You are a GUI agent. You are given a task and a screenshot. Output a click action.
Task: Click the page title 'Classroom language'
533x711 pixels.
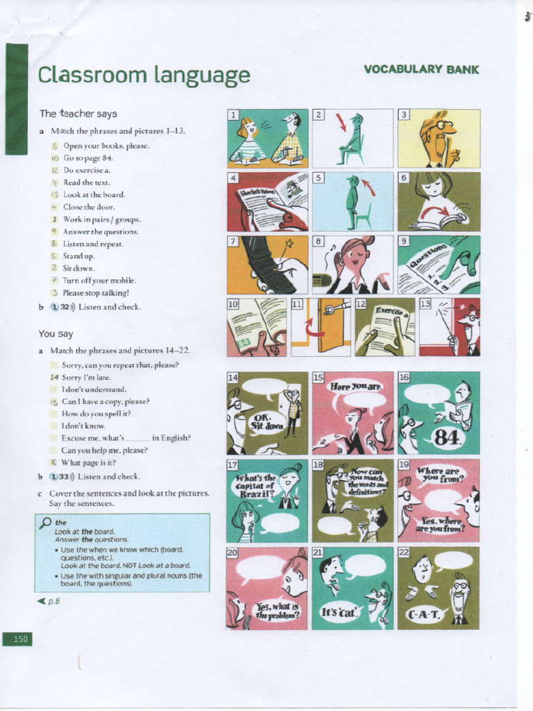[x=144, y=74]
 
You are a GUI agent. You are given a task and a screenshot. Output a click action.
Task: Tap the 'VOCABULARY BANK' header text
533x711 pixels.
[x=421, y=69]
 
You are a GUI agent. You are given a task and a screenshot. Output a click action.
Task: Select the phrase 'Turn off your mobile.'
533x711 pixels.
[x=99, y=281]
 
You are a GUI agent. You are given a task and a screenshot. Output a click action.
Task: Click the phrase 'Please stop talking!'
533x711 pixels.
[x=96, y=293]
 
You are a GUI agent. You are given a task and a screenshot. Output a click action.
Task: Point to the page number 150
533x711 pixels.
[x=20, y=639]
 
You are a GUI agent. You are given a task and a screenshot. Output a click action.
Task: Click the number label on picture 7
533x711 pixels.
[x=233, y=242]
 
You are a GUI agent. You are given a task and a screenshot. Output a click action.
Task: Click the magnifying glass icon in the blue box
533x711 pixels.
[x=45, y=522]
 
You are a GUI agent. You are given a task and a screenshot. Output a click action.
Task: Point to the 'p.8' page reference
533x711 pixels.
[x=49, y=601]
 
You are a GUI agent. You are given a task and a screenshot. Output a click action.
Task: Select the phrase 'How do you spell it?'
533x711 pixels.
[x=96, y=413]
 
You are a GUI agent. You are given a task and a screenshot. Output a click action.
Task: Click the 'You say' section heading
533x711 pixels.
[x=56, y=334]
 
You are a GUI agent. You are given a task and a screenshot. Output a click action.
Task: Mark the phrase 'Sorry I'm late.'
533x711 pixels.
[x=86, y=377]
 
